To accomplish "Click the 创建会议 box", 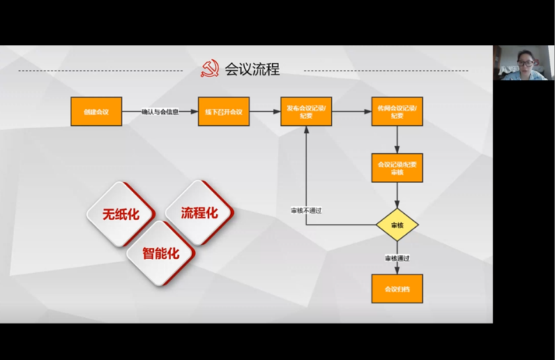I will [96, 112].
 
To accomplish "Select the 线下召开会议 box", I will [224, 112].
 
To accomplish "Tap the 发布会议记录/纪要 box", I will [306, 112].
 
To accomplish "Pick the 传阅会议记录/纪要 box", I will [397, 112].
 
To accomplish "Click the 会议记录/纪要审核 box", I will [397, 168].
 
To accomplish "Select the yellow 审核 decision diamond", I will [397, 225].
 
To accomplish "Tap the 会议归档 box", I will [397, 288].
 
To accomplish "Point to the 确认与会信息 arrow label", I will [160, 112].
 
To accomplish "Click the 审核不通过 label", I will [306, 210].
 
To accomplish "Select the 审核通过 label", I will [397, 258].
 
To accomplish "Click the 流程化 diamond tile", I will [199, 212].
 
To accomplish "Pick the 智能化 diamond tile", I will [160, 253].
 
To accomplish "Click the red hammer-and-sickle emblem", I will [209, 69].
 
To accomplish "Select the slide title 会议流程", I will [252, 69].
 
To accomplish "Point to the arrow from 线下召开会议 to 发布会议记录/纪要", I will [265, 112].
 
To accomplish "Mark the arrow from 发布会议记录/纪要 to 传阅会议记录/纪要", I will [351, 112].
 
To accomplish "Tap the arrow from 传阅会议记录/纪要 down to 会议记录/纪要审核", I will [397, 140].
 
